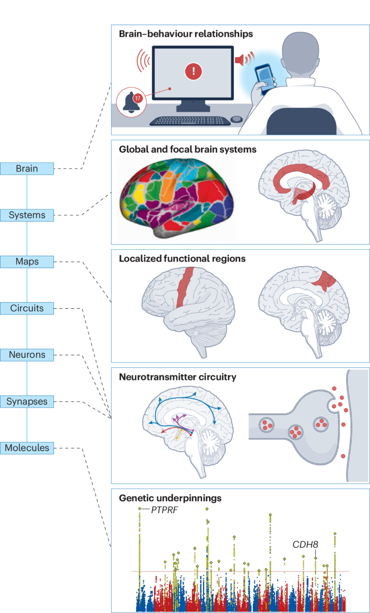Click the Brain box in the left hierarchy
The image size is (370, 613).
(27, 168)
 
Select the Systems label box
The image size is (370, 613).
(27, 215)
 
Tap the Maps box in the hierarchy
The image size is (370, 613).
(27, 262)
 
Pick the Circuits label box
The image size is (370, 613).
(27, 309)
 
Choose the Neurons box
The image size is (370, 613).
(27, 355)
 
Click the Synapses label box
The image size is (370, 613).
(27, 401)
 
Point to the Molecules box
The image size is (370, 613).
(27, 448)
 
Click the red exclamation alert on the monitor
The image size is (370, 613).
(193, 71)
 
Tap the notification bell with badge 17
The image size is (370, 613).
(133, 101)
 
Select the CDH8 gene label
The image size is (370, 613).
(305, 544)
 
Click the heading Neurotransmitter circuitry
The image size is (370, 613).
(177, 377)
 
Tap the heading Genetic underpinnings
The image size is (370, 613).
(170, 498)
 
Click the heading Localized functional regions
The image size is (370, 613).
(182, 259)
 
